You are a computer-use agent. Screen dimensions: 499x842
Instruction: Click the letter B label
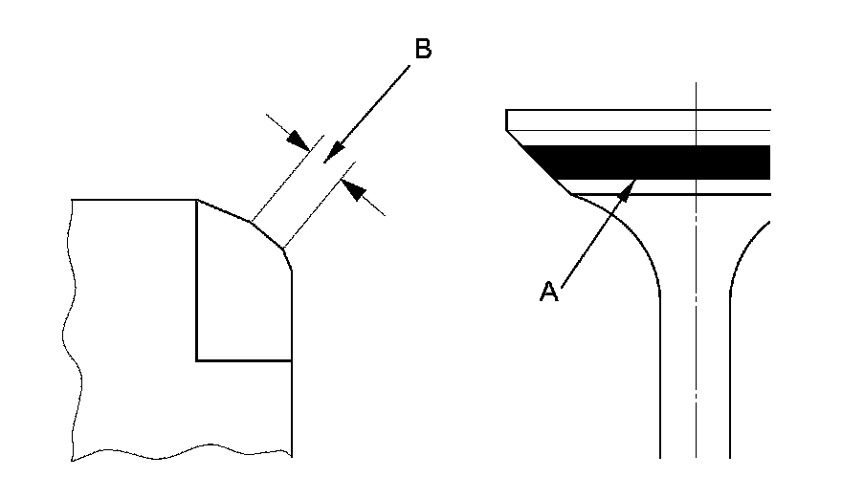[x=421, y=50]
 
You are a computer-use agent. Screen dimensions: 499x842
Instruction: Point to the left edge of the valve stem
[x=660, y=382]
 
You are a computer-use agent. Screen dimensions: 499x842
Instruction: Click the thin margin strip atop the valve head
[x=641, y=120]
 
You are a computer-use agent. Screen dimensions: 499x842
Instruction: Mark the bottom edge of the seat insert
[x=244, y=360]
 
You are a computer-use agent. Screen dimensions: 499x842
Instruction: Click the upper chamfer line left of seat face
[x=223, y=211]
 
